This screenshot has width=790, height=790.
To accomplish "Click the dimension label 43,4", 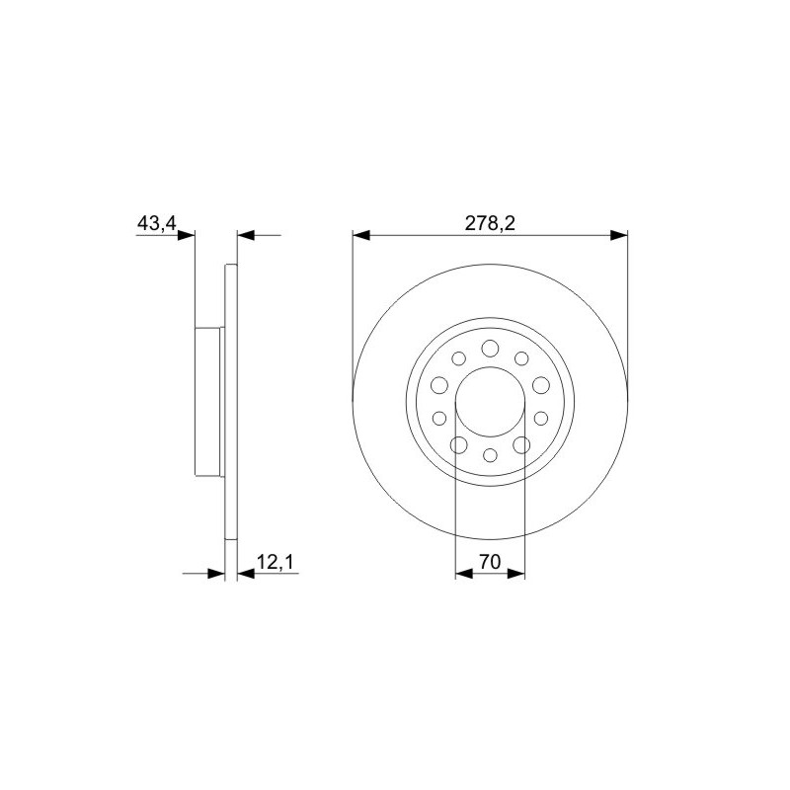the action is (x=157, y=223).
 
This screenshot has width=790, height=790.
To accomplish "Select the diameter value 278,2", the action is (x=490, y=223).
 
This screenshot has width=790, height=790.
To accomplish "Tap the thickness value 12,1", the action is (x=275, y=561).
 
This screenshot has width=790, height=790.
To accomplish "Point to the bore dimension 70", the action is (x=490, y=561).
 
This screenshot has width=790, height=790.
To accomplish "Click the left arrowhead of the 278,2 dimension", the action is (x=361, y=235).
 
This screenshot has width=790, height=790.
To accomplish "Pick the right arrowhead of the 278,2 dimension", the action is (x=619, y=235).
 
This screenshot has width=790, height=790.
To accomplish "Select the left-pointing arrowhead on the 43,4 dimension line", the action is (x=246, y=235).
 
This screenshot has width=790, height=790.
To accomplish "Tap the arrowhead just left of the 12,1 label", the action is (x=246, y=573).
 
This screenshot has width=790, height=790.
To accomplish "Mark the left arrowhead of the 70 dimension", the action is (x=464, y=573).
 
